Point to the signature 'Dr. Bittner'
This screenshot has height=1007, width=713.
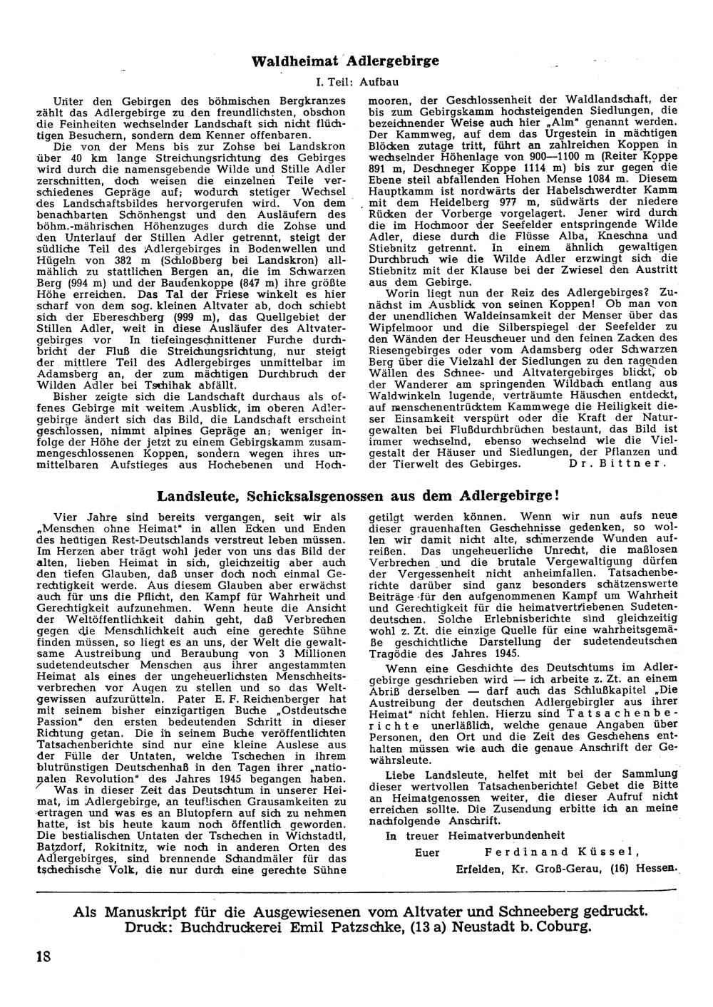pos(617,463)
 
